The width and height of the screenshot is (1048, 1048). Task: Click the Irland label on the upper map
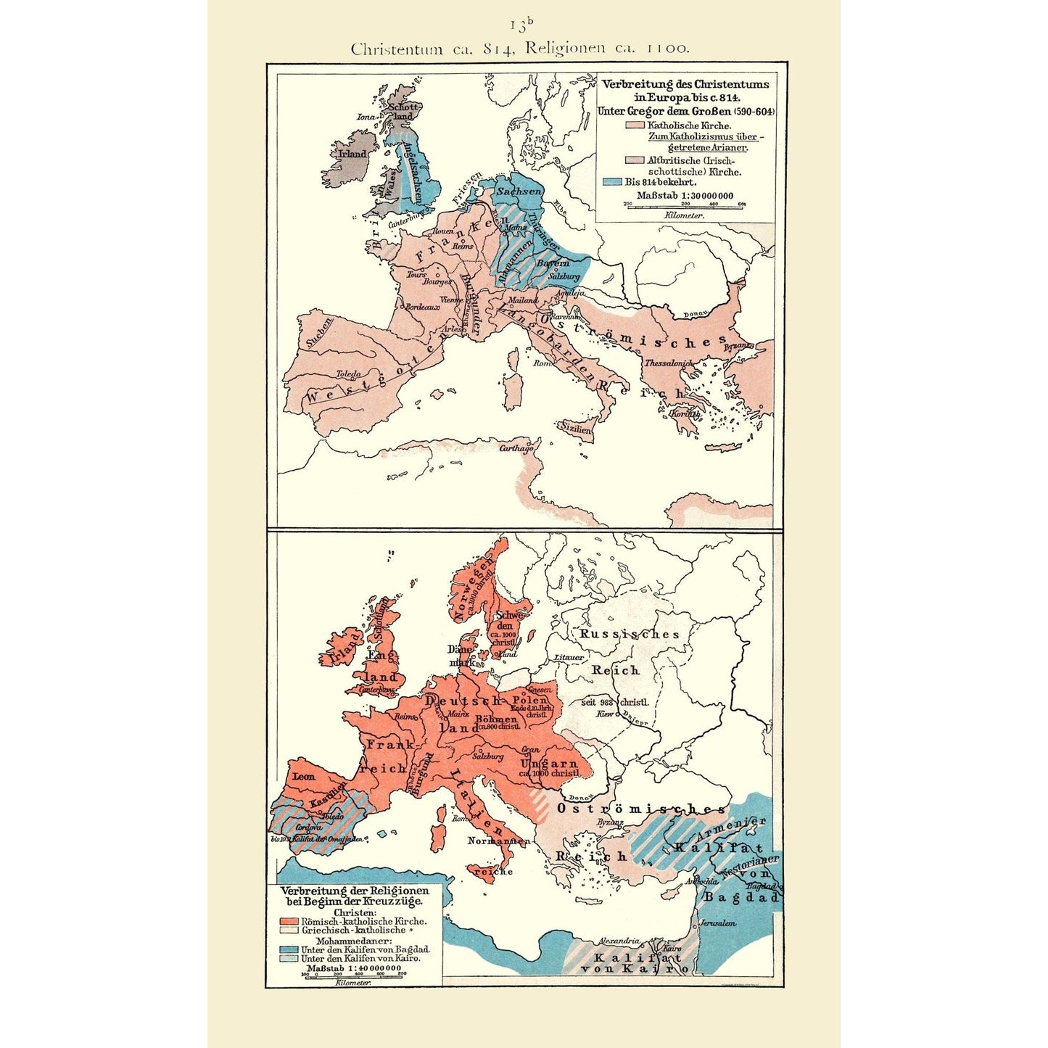353,154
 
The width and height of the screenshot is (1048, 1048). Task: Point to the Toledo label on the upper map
348,374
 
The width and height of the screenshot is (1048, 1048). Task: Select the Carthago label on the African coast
516,448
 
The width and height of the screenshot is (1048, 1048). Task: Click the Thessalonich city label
669,363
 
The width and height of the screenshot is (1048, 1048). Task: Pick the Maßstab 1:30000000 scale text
685,196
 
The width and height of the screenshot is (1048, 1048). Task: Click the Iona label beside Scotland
366,116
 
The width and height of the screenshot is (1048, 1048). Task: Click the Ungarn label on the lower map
549,764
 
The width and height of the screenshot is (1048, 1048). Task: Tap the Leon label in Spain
303,776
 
